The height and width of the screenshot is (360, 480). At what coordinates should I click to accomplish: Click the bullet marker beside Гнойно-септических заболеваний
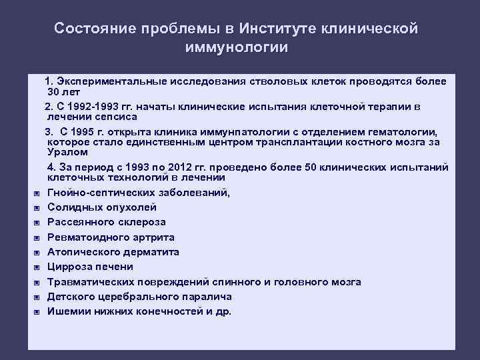pyautogui.click(x=37, y=193)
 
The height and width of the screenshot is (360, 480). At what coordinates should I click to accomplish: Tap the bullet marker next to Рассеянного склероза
pyautogui.click(x=37, y=223)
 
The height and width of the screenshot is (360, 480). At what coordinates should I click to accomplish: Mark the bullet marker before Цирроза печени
pyautogui.click(x=37, y=267)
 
